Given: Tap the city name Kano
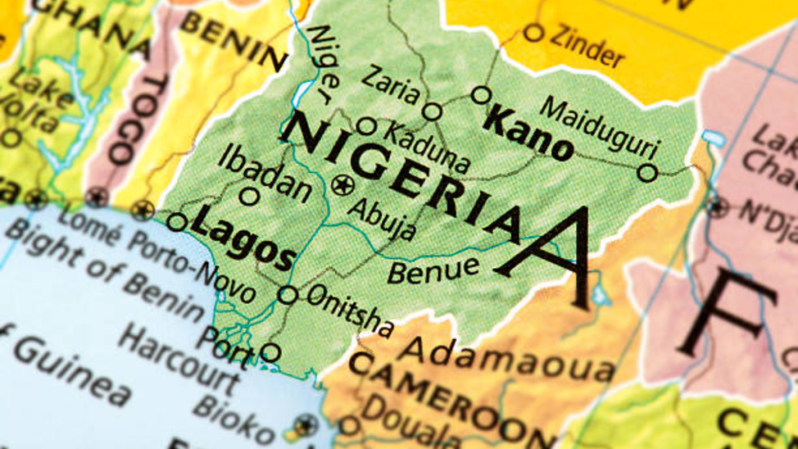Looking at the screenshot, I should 528,134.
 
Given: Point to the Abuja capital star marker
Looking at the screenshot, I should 342,185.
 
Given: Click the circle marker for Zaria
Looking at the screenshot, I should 432,111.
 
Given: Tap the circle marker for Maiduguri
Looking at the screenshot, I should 647,172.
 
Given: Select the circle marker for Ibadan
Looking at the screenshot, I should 249,196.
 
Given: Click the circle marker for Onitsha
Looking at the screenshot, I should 288,295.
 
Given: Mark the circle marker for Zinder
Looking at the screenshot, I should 533,33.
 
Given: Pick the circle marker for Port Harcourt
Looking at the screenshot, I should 270,352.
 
